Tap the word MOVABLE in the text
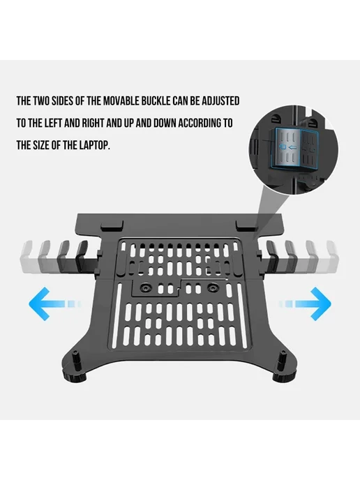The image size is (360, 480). pos(121,101)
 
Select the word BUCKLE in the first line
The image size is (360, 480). pos(156,101)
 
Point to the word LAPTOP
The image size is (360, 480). pos(95,145)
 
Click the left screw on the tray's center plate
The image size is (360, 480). pos(144,288)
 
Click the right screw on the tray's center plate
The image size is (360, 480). pos(212,287)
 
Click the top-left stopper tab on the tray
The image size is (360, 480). pos(112,227)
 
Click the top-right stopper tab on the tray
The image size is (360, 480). pos(247,225)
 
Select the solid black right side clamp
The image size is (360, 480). pos(270,257)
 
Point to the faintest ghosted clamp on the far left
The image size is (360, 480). pos(27,257)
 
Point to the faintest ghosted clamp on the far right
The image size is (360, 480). pos(333,257)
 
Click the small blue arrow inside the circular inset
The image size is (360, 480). pos(293,148)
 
